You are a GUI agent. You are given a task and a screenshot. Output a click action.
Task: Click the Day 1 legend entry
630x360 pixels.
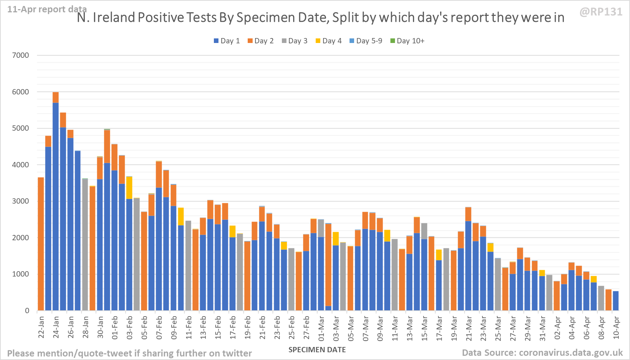pos(227,41)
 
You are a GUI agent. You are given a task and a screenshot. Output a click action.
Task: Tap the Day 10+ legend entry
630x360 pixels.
pos(407,41)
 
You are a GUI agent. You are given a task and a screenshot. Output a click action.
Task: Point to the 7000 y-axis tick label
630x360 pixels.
pos(20,55)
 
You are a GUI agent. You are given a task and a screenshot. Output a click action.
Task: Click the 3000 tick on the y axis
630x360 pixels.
pos(20,201)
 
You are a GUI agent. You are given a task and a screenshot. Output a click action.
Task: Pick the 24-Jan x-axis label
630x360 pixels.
pos(56,327)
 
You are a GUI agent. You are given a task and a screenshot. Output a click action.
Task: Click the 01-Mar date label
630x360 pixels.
pos(321,328)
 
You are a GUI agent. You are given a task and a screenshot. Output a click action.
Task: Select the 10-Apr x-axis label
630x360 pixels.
pos(616,328)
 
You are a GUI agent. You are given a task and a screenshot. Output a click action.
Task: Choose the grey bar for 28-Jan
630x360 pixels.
pos(85,247)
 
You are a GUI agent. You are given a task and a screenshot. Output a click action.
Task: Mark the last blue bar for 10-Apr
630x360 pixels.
pos(616,301)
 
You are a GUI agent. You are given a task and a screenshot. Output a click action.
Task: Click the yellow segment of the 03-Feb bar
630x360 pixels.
pos(129,188)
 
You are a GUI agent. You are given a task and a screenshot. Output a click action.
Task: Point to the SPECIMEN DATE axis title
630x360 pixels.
pos(317,350)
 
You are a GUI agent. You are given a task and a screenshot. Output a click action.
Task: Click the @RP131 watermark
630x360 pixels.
pos(601,12)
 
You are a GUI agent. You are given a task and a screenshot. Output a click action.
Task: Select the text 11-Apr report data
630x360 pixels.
pos(47,9)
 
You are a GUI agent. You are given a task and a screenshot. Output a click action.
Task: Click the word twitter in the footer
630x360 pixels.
pos(237,353)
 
